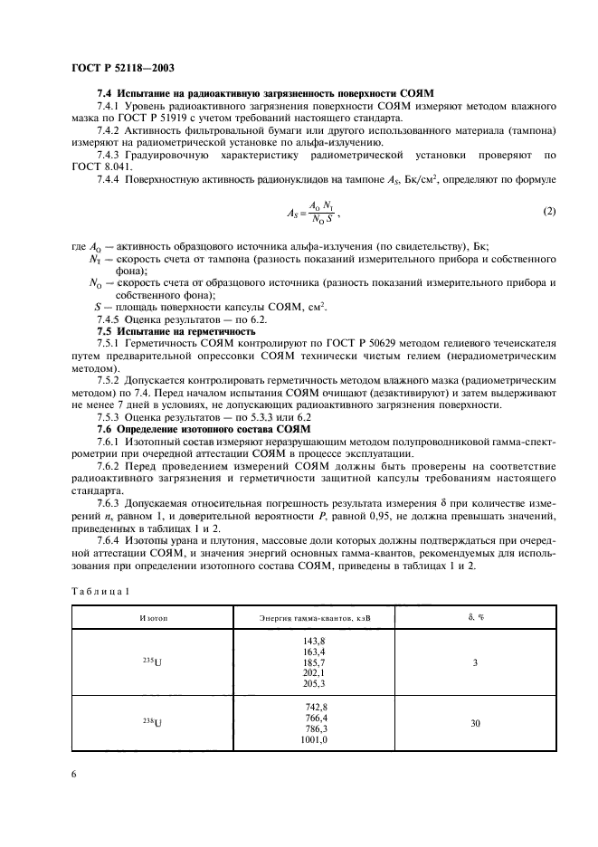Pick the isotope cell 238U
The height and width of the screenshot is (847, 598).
152,723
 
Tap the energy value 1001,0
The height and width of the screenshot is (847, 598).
312,739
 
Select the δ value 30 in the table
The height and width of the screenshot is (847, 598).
475,723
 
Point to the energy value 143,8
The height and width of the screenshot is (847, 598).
314,639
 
